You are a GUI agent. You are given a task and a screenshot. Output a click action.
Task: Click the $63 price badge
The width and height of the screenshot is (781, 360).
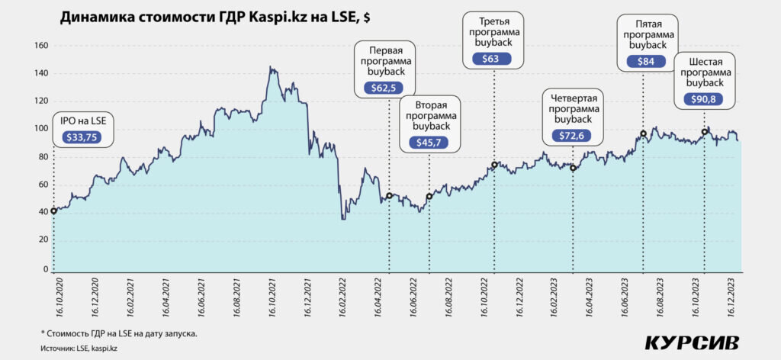(x=493, y=58)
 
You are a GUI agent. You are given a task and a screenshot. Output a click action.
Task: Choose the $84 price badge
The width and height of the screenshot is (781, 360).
(x=644, y=61)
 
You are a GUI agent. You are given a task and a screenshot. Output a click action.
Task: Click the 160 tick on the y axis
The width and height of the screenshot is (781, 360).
(x=41, y=46)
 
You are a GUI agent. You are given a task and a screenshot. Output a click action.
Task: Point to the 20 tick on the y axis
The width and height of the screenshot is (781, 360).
(x=43, y=241)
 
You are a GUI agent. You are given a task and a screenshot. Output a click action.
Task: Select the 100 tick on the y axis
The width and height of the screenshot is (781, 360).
(x=41, y=129)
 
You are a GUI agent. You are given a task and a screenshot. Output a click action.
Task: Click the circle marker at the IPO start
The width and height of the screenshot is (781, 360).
(x=53, y=211)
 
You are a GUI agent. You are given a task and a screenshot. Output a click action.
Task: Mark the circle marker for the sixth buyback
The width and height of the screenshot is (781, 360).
(x=705, y=132)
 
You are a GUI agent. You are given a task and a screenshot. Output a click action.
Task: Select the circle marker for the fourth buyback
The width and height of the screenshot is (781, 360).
(x=573, y=168)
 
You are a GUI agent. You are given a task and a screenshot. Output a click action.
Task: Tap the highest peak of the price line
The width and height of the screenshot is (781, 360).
(x=270, y=68)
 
